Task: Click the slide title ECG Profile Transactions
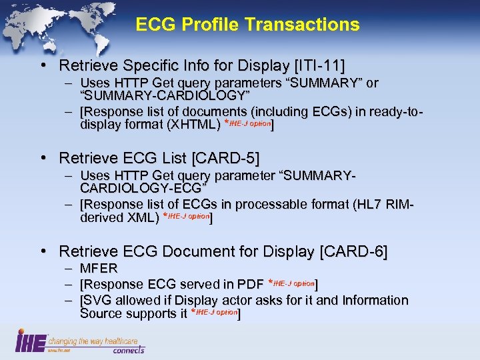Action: coord(247,25)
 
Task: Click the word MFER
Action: coord(99,269)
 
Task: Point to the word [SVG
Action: coord(94,301)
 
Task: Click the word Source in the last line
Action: coord(100,313)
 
